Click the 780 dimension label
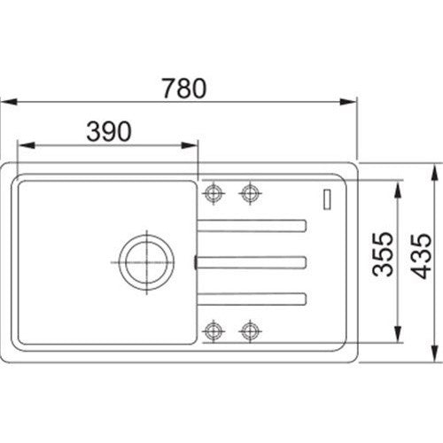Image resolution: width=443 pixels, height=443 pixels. [184, 88]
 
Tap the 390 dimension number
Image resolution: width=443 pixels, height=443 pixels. [109, 131]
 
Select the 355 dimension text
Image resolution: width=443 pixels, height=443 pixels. [383, 254]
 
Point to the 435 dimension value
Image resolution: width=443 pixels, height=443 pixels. [421, 256]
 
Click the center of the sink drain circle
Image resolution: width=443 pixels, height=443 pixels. [146, 262]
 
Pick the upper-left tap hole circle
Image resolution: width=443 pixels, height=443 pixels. [214, 193]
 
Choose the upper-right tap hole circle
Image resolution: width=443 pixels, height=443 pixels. [250, 193]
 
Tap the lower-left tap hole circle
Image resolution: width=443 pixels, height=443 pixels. [214, 330]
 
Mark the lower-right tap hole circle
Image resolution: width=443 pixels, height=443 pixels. [250, 330]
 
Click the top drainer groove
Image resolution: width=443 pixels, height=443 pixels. [252, 226]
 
